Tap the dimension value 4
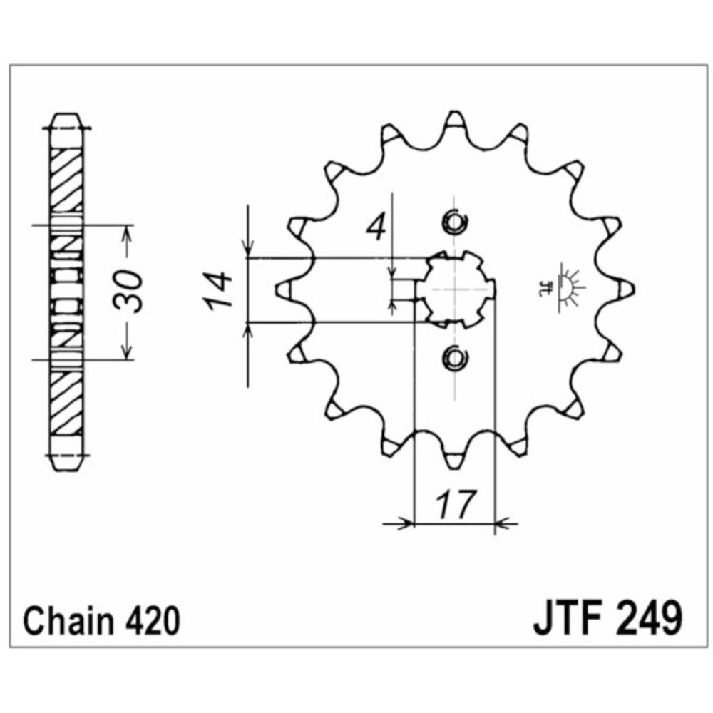pyautogui.click(x=377, y=228)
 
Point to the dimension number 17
pyautogui.click(x=453, y=504)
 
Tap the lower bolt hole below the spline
pyautogui.click(x=453, y=358)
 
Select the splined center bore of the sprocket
pyautogui.click(x=454, y=289)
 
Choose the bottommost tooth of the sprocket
pyautogui.click(x=453, y=460)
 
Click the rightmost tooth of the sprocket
pyautogui.click(x=625, y=289)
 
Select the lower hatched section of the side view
pyautogui.click(x=68, y=403)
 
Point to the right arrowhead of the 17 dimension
pyautogui.click(x=501, y=525)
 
